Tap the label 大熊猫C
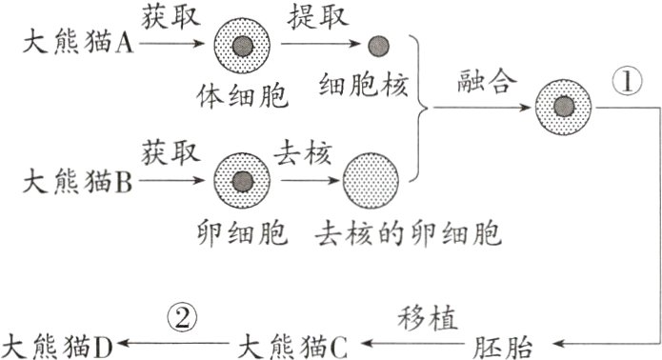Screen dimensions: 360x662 [294, 343]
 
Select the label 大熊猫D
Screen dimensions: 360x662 [59, 343]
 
